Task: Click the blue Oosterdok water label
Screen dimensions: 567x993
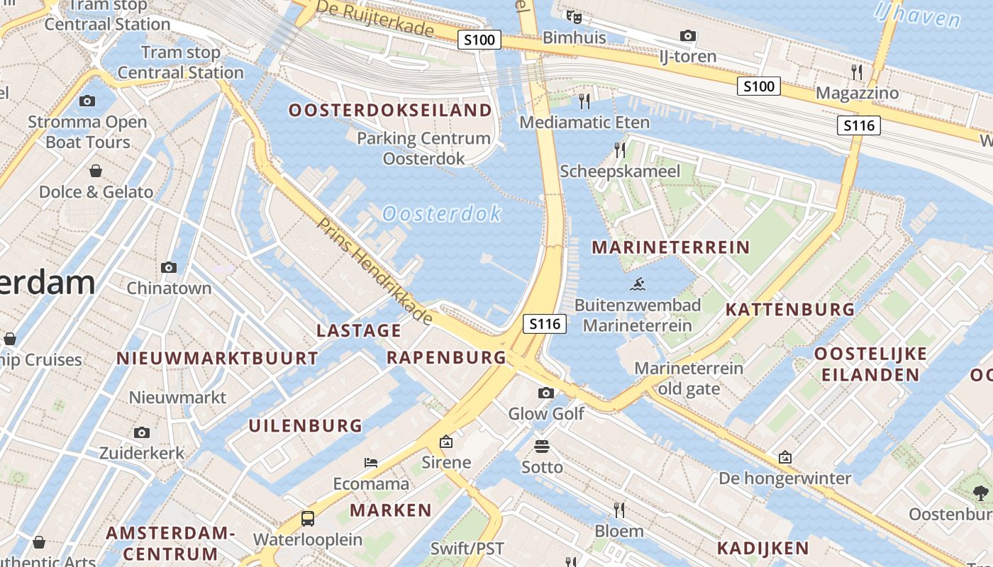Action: [x=442, y=213]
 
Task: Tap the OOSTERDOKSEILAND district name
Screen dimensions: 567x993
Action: [x=390, y=111]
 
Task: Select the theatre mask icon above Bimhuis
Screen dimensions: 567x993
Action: [x=573, y=16]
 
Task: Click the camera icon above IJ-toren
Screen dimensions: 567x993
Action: [x=687, y=35]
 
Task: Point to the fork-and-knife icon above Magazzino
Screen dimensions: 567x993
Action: [x=857, y=72]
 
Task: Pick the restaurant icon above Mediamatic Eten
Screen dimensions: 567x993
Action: [x=584, y=101]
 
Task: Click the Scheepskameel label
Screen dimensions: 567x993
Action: [x=620, y=171]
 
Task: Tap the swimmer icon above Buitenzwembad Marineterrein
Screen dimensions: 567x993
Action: [x=637, y=285]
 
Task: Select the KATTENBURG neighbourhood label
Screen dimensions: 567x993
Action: [x=790, y=310]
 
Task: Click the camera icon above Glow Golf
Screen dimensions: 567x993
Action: [x=545, y=393]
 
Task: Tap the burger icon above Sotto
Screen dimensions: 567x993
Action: [x=542, y=447]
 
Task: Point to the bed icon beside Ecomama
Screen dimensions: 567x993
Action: [x=371, y=463]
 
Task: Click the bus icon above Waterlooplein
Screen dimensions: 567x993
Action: [x=308, y=518]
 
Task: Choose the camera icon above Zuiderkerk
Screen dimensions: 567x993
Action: [x=142, y=432]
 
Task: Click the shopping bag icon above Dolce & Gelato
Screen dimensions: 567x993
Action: [x=96, y=171]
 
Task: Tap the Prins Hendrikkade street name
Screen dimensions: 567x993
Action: [x=374, y=271]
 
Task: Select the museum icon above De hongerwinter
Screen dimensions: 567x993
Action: [x=784, y=457]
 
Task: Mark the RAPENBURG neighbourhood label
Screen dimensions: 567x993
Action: [x=447, y=357]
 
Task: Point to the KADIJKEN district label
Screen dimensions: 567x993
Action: [x=762, y=548]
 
